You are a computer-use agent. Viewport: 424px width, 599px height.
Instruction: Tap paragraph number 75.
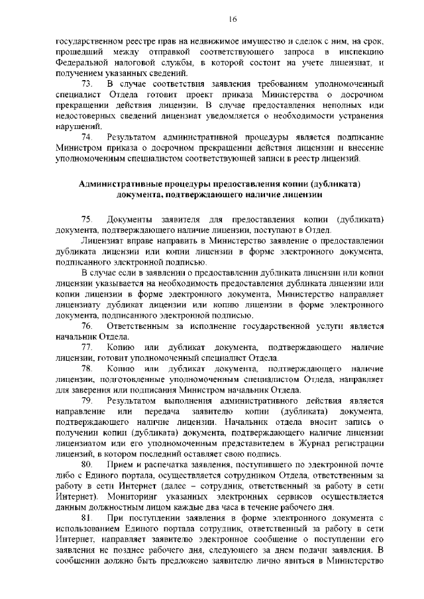click(x=86, y=219)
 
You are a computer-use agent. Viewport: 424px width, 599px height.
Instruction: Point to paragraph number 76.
click(x=86, y=326)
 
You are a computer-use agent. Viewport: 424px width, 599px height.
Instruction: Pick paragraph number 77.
click(x=86, y=347)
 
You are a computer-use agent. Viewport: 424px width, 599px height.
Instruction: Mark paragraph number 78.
click(x=86, y=369)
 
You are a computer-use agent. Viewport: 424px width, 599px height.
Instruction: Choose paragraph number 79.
click(x=86, y=401)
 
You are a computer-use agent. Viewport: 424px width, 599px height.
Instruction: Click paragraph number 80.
click(x=86, y=465)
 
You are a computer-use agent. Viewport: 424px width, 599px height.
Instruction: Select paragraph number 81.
click(x=86, y=519)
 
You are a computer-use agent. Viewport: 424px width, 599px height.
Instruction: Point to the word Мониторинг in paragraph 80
click(x=115, y=497)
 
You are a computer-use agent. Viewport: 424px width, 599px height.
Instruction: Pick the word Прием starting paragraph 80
click(x=119, y=465)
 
